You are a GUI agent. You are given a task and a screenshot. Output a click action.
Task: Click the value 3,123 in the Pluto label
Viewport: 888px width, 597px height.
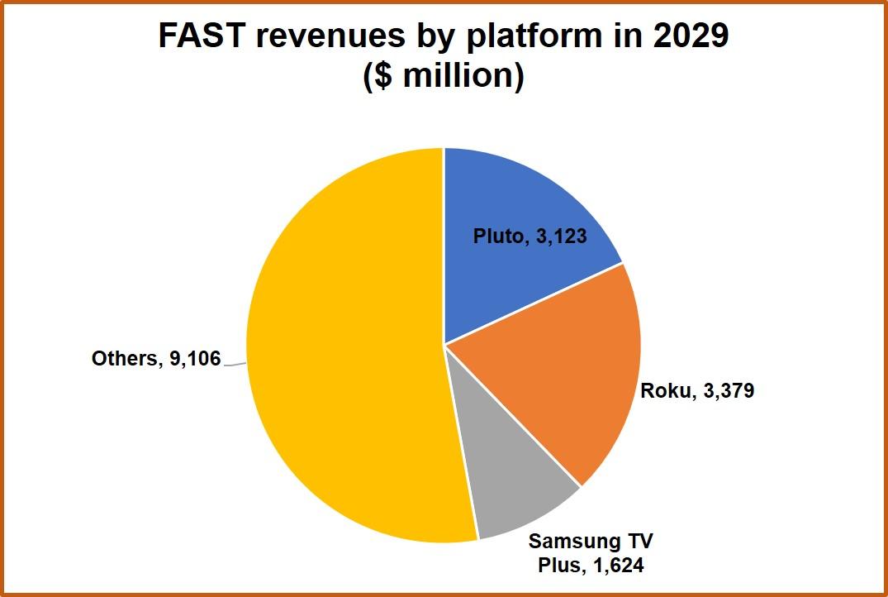pyautogui.click(x=560, y=236)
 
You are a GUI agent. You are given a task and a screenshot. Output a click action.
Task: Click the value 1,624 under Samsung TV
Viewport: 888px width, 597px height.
pyautogui.click(x=615, y=566)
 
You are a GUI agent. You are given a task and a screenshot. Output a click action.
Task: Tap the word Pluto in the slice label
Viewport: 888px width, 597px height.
pyautogui.click(x=498, y=236)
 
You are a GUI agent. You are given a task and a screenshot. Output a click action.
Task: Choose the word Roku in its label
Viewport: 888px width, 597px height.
pyautogui.click(x=665, y=390)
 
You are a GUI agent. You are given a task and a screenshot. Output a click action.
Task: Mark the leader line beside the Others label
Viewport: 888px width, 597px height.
pyautogui.click(x=235, y=363)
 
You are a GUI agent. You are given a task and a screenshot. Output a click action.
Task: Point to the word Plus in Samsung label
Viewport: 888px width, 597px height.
pyautogui.click(x=558, y=566)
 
